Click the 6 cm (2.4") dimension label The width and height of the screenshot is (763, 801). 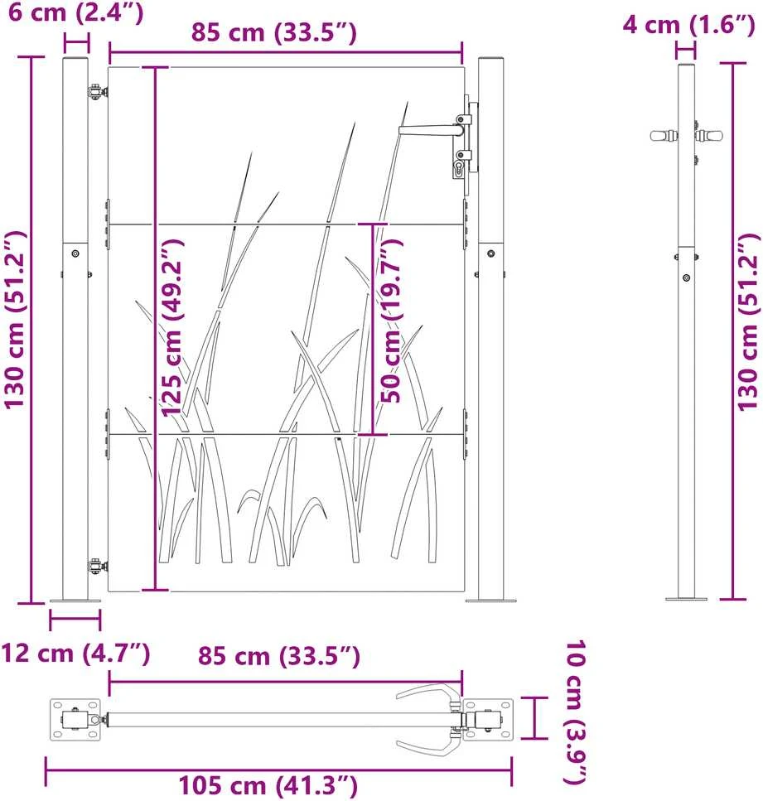(75, 12)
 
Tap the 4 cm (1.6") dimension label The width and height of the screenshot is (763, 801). (688, 24)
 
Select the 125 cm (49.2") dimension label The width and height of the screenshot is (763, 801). (172, 327)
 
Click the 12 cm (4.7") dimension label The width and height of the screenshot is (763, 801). (75, 654)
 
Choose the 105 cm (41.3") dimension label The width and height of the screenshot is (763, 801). (268, 785)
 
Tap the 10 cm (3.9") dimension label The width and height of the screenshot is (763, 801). (575, 712)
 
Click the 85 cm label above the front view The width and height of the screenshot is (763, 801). (274, 32)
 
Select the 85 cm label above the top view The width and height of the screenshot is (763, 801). (279, 656)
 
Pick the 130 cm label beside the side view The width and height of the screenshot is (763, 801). (747, 322)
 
